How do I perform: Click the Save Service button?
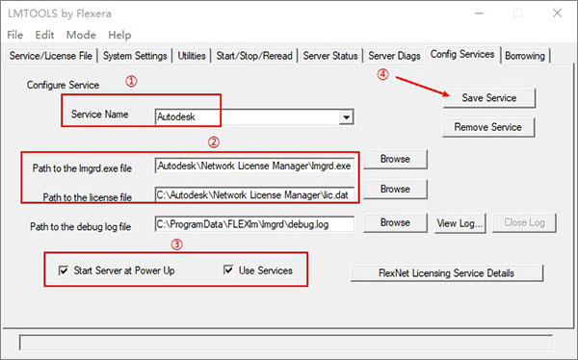[x=488, y=98]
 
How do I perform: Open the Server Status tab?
[x=330, y=56]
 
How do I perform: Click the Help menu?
[x=121, y=34]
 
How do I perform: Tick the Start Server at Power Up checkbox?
[x=65, y=271]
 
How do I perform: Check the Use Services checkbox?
[x=228, y=271]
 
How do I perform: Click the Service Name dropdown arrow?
[x=344, y=117]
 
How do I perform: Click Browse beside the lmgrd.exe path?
[x=395, y=159]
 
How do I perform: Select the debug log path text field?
[x=254, y=224]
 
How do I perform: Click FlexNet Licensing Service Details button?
[x=446, y=272]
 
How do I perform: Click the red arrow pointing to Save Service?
[x=423, y=86]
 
